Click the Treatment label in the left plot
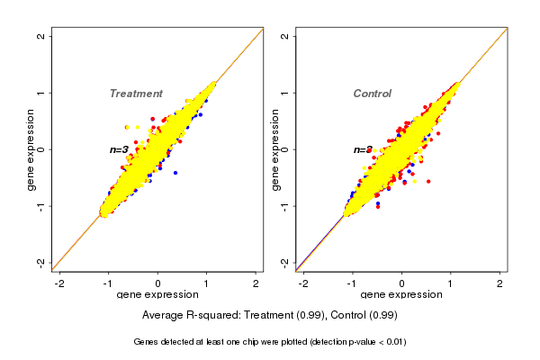coord(136,94)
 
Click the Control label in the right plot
coord(372,94)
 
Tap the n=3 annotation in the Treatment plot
coord(120,149)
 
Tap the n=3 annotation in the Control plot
coord(363,149)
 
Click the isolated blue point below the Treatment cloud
coord(175,172)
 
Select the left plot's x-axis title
coord(157,295)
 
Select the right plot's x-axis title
coord(401,295)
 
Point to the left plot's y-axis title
coord(31,149)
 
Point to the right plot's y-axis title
coord(274,149)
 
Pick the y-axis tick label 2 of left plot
coord(41,36)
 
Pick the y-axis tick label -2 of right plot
coord(284,262)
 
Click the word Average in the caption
coord(163,316)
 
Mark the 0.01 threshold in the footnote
coord(393,342)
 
